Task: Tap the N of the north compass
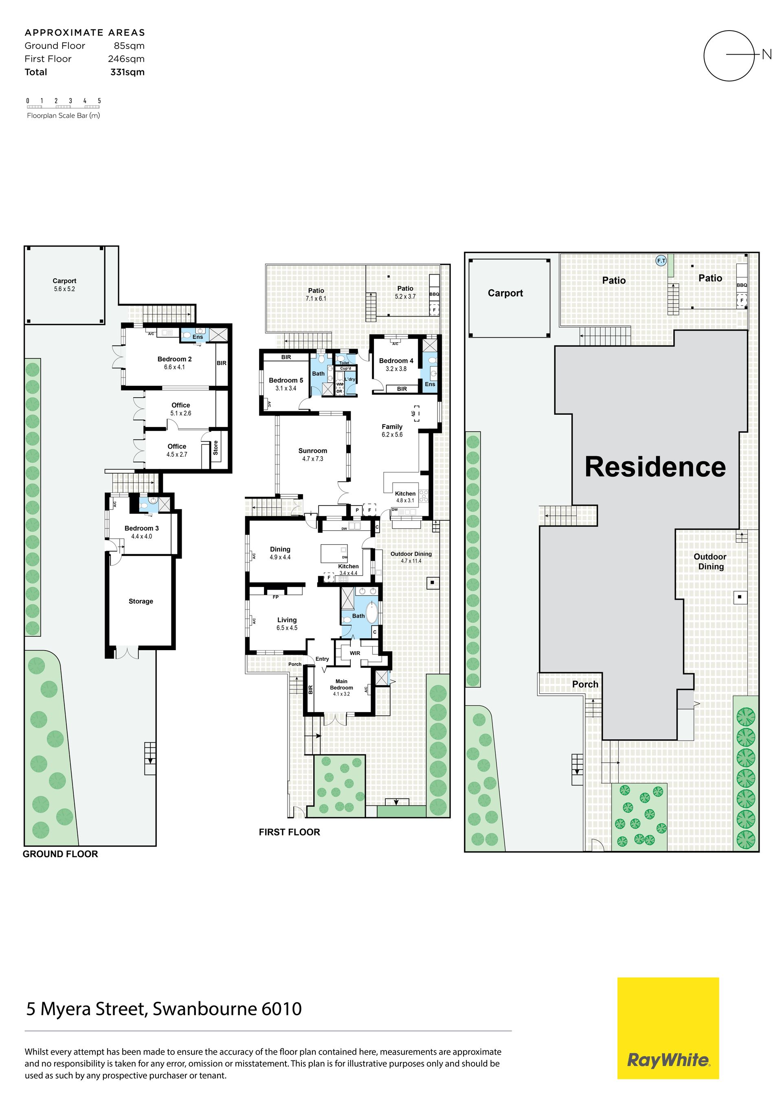click(767, 55)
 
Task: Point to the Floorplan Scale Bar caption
click(64, 116)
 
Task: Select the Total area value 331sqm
click(127, 72)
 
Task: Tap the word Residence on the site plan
click(655, 467)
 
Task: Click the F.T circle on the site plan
click(661, 261)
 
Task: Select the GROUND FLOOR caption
click(60, 854)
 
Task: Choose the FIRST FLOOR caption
click(290, 832)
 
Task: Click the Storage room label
click(141, 601)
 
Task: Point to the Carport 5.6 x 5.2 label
click(64, 285)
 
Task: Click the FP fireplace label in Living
click(276, 597)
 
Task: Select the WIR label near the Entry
click(355, 653)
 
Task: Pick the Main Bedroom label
click(341, 684)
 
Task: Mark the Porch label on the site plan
click(585, 684)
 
